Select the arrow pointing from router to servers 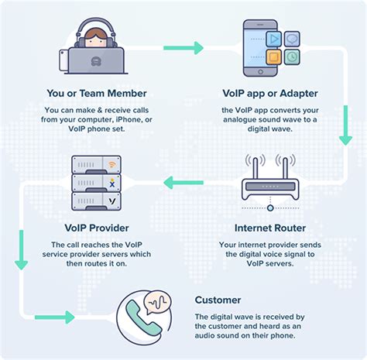coord(177,183)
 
